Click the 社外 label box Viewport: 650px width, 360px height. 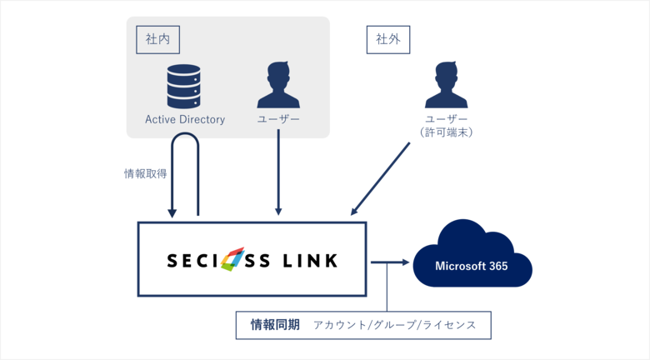click(x=388, y=39)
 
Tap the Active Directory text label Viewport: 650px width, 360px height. click(x=185, y=119)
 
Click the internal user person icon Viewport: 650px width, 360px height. click(x=278, y=84)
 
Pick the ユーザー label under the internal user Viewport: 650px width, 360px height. click(x=278, y=119)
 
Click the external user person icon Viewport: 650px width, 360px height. click(x=446, y=84)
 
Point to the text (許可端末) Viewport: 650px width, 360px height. click(x=446, y=132)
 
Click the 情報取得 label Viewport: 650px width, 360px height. click(x=145, y=173)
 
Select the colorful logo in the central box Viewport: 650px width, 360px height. click(x=232, y=259)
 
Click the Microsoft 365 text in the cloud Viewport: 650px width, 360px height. click(x=472, y=267)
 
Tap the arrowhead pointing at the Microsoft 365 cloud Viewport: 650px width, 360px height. click(x=407, y=263)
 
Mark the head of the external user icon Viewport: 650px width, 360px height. click(x=446, y=73)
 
